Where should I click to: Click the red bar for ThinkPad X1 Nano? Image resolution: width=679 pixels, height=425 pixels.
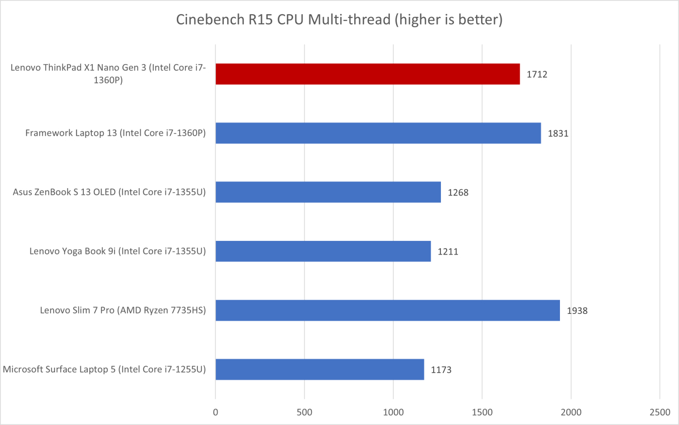click(x=367, y=74)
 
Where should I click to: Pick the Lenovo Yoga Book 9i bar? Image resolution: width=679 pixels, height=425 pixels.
click(x=323, y=251)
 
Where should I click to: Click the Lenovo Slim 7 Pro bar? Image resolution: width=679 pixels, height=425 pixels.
click(x=388, y=311)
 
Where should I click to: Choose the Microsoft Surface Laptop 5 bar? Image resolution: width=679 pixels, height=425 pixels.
click(x=320, y=369)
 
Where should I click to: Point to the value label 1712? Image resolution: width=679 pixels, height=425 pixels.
click(x=536, y=74)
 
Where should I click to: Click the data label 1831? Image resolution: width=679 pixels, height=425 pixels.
click(x=558, y=134)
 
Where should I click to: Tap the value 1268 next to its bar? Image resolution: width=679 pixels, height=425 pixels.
click(x=457, y=193)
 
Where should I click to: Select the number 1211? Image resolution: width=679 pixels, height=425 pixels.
click(x=447, y=252)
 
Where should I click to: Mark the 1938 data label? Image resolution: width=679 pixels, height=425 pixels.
click(x=577, y=311)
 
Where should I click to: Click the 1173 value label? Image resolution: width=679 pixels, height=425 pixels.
click(x=440, y=370)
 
